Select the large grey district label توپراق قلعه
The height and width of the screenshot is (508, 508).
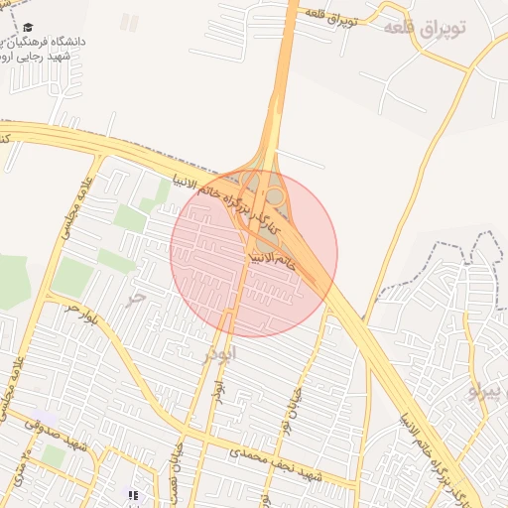[x=424, y=28]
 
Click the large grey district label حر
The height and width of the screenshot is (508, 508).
[x=137, y=296]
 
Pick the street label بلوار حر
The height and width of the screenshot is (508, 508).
[x=83, y=316]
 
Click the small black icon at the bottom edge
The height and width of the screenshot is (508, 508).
[x=134, y=495]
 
